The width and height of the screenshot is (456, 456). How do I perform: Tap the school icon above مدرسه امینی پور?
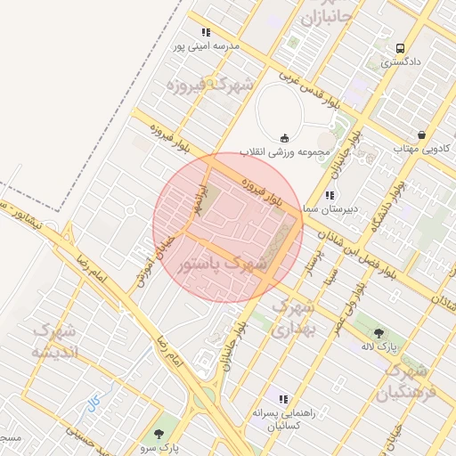(207, 33)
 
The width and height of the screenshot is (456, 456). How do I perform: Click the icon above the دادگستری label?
(399, 48)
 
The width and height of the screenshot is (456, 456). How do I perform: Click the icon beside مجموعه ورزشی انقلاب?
(285, 137)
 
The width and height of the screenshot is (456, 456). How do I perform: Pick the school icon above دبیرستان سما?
(330, 194)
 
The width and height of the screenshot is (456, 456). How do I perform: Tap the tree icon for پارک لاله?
(379, 332)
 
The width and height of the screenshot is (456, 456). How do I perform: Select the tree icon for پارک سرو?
(159, 434)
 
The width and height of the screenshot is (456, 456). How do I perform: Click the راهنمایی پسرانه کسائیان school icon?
(283, 400)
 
